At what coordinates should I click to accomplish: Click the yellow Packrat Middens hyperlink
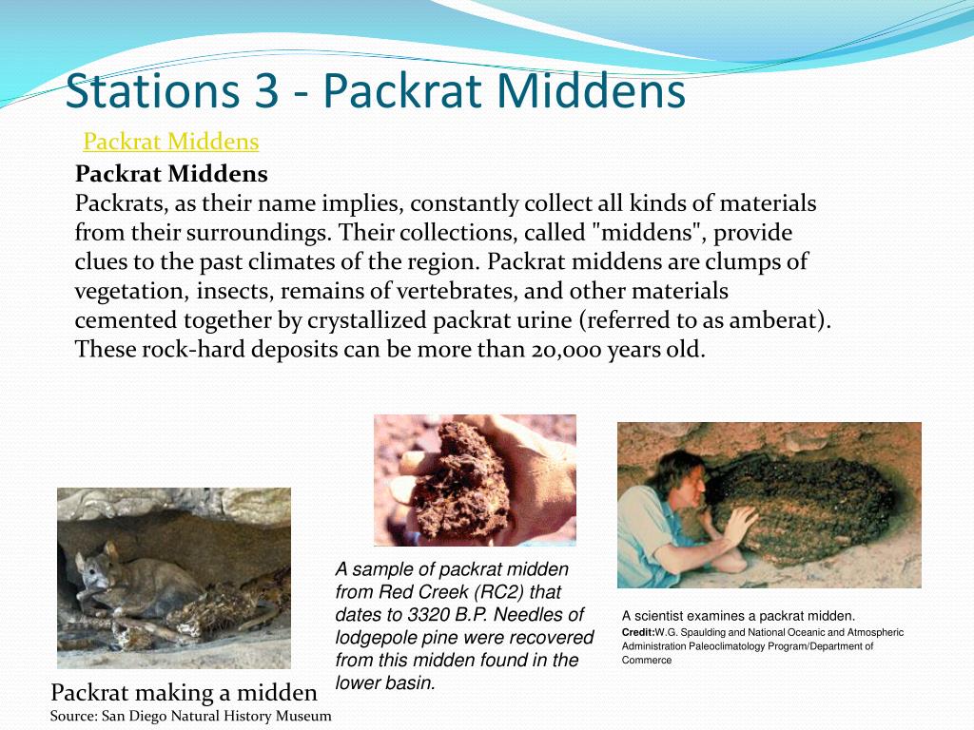(171, 142)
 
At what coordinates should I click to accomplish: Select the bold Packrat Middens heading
(171, 174)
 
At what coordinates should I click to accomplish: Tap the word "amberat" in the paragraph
(773, 320)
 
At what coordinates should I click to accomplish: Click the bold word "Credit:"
(638, 632)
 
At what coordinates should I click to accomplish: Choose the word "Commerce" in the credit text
(647, 660)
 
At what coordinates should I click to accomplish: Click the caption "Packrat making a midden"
(184, 692)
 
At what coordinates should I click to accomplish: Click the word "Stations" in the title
(152, 92)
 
